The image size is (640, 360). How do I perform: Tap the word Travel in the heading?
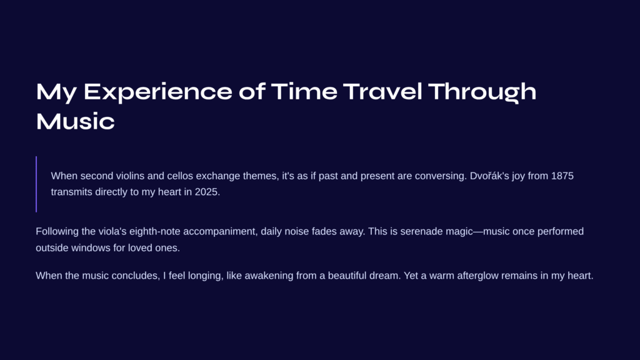point(382,91)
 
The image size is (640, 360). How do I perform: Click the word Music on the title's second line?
point(76,121)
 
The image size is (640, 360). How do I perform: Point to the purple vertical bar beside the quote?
point(36,184)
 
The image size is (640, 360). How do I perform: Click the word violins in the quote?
point(130,176)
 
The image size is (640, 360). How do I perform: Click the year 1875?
point(562,176)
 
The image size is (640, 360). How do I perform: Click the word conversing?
point(441,176)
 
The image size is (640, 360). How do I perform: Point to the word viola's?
point(112,231)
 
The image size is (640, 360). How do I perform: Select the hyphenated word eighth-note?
point(155,232)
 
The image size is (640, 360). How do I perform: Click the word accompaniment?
point(221,232)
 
